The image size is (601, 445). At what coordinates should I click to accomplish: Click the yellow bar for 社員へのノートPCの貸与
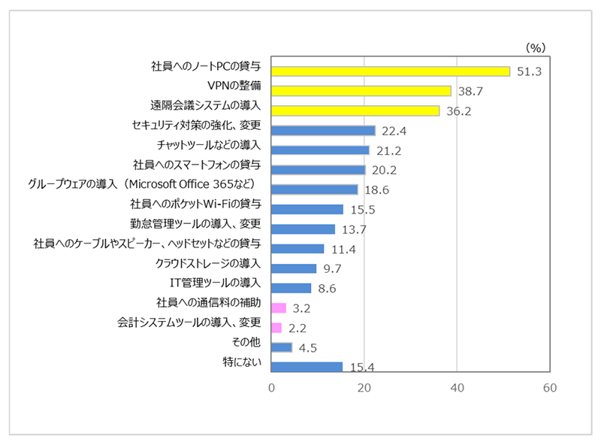(390, 71)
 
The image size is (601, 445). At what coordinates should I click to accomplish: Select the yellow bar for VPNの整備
(361, 91)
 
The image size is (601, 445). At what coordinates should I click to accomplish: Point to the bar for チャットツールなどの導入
(320, 150)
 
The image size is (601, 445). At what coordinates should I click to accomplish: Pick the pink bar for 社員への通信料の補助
(279, 307)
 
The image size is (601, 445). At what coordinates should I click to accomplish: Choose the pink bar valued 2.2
(276, 327)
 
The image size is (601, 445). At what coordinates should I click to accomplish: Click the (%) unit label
(535, 47)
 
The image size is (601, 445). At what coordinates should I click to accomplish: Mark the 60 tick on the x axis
(549, 388)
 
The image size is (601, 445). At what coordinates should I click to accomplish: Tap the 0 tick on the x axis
(271, 388)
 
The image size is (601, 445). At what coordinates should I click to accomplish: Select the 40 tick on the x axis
(457, 388)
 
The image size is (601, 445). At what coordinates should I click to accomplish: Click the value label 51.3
(530, 72)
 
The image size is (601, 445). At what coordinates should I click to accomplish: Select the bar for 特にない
(307, 367)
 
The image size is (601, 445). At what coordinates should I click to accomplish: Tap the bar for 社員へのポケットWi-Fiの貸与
(307, 209)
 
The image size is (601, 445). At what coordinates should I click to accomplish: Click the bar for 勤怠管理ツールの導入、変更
(303, 229)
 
